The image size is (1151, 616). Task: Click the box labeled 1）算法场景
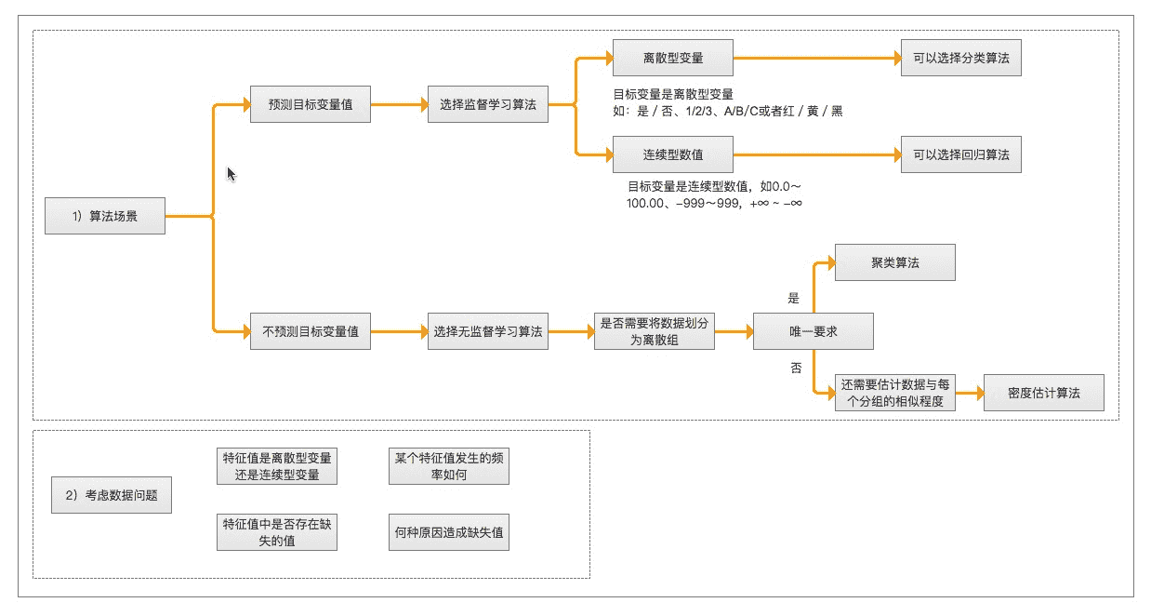[105, 216]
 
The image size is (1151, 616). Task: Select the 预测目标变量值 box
[311, 104]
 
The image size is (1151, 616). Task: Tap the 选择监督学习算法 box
[487, 104]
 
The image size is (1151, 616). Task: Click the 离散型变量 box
[672, 58]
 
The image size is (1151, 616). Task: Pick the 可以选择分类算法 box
[960, 58]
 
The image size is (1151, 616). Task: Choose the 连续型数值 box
[672, 154]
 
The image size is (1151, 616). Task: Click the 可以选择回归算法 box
[960, 154]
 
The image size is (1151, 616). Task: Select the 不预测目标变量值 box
[311, 331]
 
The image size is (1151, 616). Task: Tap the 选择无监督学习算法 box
[487, 331]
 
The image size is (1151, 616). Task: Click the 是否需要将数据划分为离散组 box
[655, 331]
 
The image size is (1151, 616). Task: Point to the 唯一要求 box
[813, 331]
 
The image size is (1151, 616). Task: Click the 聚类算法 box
[894, 262]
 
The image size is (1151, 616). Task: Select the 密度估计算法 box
[1044, 393]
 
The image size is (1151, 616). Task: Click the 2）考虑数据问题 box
[112, 495]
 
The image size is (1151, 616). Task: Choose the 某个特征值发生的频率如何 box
[449, 466]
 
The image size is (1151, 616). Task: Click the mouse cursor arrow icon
[232, 174]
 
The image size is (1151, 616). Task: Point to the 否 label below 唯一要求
[795, 368]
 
